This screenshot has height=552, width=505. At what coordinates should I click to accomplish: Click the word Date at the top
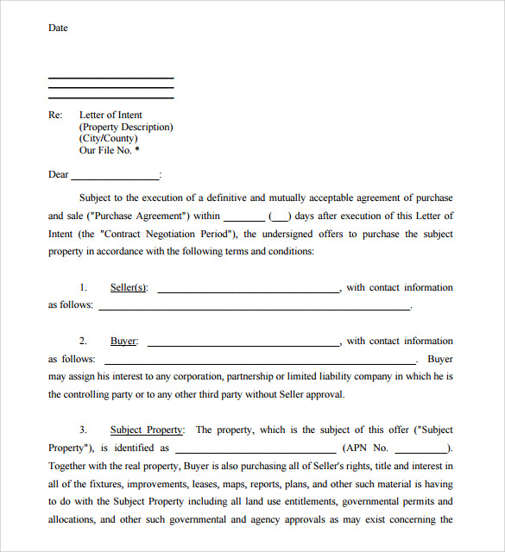pyautogui.click(x=58, y=28)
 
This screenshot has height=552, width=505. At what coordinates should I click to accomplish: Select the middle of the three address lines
pyautogui.click(x=110, y=88)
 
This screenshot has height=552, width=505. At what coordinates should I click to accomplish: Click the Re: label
pyautogui.click(x=55, y=115)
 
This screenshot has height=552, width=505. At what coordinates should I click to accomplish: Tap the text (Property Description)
pyautogui.click(x=126, y=127)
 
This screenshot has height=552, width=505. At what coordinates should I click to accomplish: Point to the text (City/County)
pyautogui.click(x=108, y=138)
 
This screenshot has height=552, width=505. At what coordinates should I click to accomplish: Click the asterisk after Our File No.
pyautogui.click(x=136, y=149)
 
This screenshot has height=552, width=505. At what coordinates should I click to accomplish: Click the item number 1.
pyautogui.click(x=83, y=287)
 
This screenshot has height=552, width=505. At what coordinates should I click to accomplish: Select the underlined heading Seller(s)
pyautogui.click(x=129, y=287)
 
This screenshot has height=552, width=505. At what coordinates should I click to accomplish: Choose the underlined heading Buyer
pyautogui.click(x=123, y=341)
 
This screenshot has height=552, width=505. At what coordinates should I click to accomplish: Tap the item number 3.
pyautogui.click(x=83, y=430)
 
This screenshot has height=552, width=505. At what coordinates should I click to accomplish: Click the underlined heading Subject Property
pyautogui.click(x=146, y=430)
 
